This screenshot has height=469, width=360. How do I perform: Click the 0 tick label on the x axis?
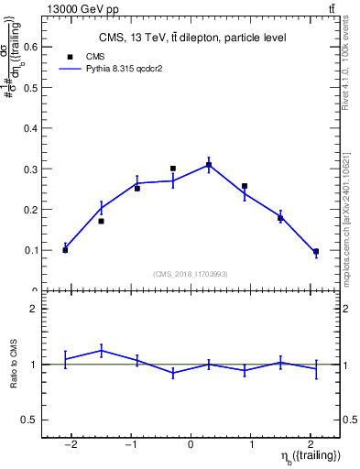pyautogui.click(x=191, y=444)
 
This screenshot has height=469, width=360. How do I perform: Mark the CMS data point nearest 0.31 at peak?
pyautogui.click(x=209, y=165)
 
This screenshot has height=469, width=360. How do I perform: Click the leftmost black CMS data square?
pyautogui.click(x=65, y=250)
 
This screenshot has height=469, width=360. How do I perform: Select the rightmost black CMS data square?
pyautogui.click(x=316, y=251)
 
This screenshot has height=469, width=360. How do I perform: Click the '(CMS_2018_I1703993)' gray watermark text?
pyautogui.click(x=191, y=274)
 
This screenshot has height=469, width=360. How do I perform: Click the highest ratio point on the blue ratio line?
pyautogui.click(x=101, y=350)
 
